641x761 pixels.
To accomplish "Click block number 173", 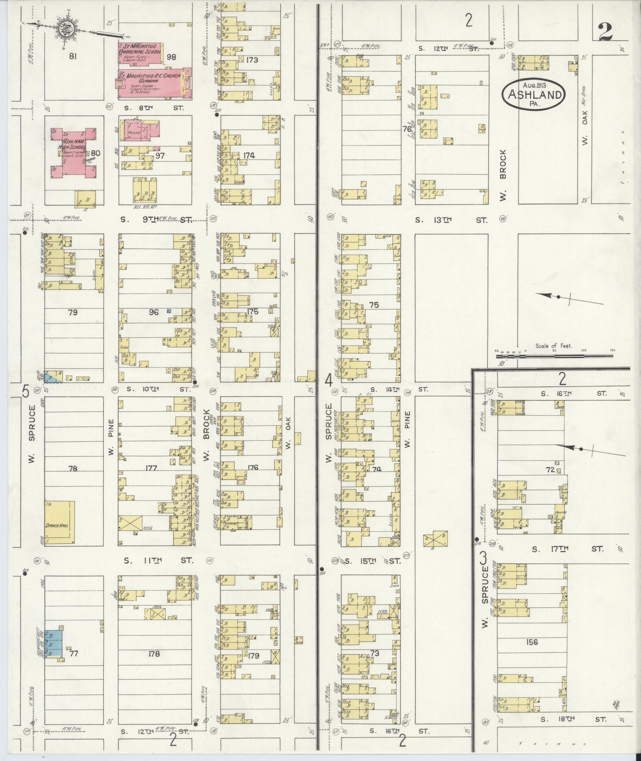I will point(252,60).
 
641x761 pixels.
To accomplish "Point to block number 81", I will point(72,56).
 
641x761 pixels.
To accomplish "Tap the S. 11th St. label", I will point(158,561).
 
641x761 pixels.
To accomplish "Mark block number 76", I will point(407,129).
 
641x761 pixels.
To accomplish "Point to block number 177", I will point(151,468).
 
